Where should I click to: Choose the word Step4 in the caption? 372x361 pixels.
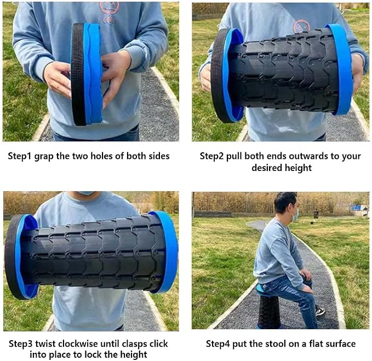218,344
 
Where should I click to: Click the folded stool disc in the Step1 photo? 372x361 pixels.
87,74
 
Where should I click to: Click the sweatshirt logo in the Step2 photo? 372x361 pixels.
302,26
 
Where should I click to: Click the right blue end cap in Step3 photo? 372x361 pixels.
167,251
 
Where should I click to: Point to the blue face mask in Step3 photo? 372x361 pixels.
86,193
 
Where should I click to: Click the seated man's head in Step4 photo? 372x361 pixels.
286,204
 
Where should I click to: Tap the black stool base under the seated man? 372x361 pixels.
269,311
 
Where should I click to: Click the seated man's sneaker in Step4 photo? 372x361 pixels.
320,311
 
